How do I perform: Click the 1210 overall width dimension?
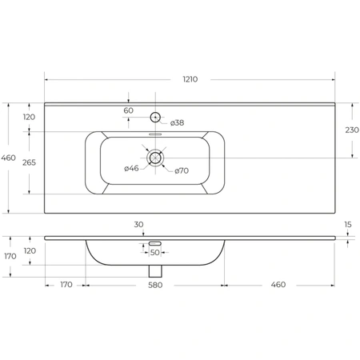coord(190,79)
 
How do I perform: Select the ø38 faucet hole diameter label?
coord(178,122)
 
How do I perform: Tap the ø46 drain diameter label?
coord(131,168)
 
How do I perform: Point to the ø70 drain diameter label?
coord(182,170)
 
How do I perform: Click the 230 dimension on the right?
coord(352,130)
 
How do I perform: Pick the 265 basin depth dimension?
coord(29,162)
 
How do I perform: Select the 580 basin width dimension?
coord(155,285)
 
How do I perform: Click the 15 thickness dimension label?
coord(348,225)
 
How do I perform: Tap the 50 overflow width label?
coord(155,252)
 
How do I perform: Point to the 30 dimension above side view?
coord(138,225)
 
